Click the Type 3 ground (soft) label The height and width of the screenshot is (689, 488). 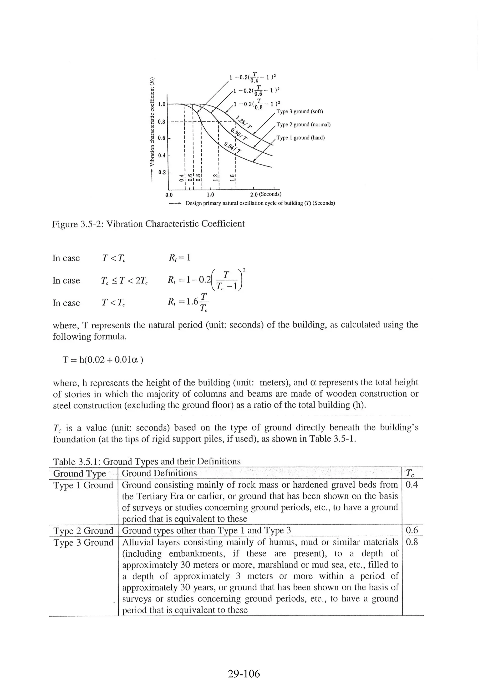coord(300,112)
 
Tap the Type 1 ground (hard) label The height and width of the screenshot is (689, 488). coord(300,138)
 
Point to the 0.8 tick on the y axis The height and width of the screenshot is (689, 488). coord(162,122)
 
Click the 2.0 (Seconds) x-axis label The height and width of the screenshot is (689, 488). coord(266,194)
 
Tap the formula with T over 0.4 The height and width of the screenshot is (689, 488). coord(252,77)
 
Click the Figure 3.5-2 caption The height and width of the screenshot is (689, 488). coord(148,224)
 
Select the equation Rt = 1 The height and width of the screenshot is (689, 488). coord(179,258)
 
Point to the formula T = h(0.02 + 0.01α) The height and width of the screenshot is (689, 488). coord(103,360)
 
